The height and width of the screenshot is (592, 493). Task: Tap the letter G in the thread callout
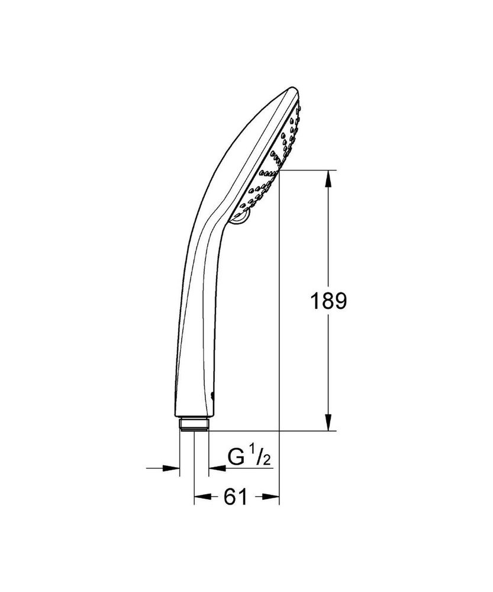[x=236, y=457]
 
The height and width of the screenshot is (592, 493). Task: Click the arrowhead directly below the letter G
[x=215, y=468]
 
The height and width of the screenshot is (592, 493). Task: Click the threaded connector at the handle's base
[x=194, y=425]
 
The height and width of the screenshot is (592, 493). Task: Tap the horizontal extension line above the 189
[x=308, y=170]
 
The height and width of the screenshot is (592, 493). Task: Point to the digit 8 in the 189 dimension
[x=328, y=301]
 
